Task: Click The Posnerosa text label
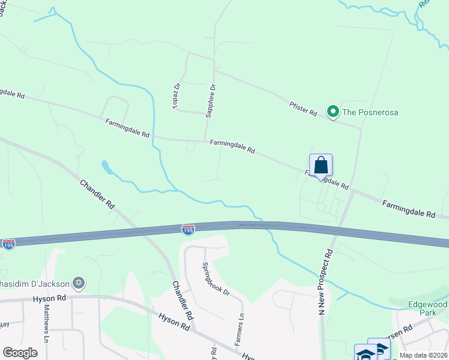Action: tap(370, 112)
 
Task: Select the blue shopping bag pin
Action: tap(321, 166)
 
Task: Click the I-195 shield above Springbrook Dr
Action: tap(188, 229)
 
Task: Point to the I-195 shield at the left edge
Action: tap(8, 244)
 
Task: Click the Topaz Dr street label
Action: tap(177, 95)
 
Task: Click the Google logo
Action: tap(20, 352)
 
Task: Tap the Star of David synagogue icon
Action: tap(77, 282)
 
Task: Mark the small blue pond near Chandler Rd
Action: tap(106, 167)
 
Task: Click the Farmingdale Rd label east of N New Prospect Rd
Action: tap(409, 209)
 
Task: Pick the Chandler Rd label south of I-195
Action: tap(182, 300)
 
